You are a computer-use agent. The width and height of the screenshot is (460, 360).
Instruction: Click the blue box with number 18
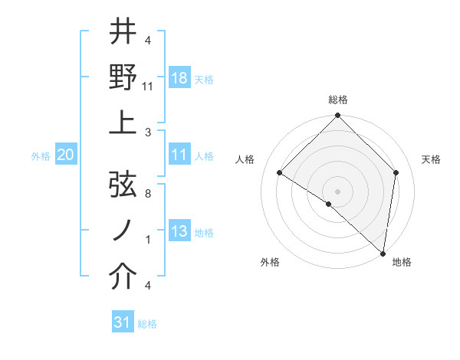179,78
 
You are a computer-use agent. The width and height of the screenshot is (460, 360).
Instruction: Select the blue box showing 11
179,155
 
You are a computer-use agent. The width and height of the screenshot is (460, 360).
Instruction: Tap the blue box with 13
179,231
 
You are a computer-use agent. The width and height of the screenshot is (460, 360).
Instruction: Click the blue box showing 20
66,155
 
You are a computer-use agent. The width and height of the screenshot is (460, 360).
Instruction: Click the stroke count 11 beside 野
148,87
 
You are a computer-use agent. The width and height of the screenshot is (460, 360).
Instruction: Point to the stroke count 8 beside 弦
148,195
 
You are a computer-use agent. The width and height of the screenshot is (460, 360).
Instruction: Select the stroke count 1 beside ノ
148,240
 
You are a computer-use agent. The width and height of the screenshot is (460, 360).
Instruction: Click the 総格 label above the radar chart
337,100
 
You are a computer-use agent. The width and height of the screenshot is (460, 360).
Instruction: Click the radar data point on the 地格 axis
383,253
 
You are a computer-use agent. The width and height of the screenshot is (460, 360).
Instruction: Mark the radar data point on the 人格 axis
280,173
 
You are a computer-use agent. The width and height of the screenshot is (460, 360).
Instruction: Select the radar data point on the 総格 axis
337,116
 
